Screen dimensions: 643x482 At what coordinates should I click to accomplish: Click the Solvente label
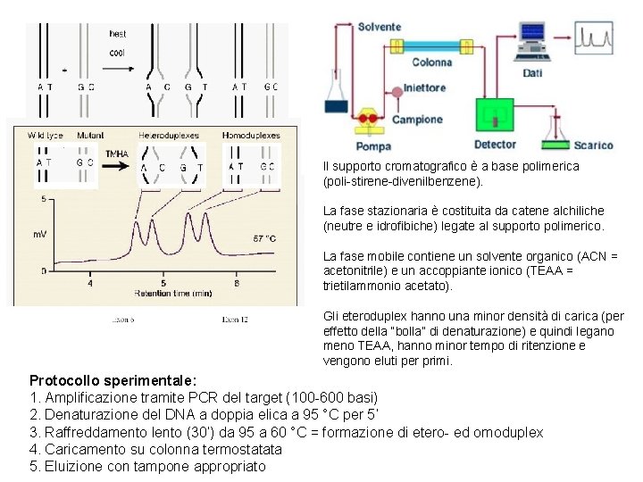coord(380,26)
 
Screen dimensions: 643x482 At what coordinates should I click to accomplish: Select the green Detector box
coord(494,116)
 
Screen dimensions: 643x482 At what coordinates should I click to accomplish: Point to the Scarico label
coord(593,145)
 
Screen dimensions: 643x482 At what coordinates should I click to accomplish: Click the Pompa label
coord(373,146)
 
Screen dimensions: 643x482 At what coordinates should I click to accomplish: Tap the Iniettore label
coord(424,87)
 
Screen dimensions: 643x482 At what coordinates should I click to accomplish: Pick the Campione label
coord(417,120)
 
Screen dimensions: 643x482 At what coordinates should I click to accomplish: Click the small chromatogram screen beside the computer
coord(594,37)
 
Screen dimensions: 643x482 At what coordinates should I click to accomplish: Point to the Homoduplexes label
coord(251,136)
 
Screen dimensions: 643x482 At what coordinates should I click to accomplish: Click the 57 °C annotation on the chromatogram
coord(264,239)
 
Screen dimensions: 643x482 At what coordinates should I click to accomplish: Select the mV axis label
coord(40,235)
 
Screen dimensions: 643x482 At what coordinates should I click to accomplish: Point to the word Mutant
coord(90,136)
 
